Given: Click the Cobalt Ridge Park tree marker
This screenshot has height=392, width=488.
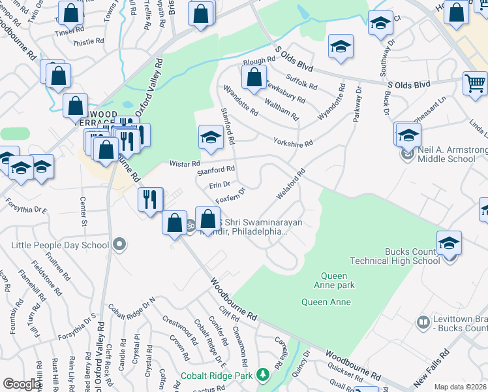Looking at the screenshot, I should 262,374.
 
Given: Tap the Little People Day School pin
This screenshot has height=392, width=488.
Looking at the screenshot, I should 119,246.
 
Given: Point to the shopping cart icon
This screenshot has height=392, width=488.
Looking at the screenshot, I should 475,84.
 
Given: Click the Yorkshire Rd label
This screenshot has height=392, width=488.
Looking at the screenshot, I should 293,142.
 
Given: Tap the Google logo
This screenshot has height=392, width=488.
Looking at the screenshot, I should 22,384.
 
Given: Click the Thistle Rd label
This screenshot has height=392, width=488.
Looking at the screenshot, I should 89,41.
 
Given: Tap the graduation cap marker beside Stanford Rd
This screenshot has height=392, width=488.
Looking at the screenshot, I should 211,137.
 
